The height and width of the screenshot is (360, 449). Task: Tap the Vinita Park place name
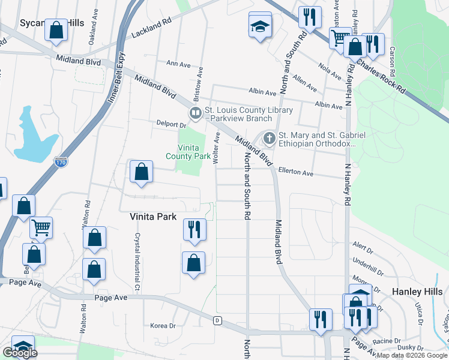pos(153,217)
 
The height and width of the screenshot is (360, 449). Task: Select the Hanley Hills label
pos(418,291)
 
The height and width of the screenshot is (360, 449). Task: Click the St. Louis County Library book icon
pos(195,113)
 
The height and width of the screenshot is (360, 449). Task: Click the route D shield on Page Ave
pos(217,320)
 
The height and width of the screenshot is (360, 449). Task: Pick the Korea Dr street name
pos(163,326)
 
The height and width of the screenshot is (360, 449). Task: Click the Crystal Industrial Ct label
pos(137,263)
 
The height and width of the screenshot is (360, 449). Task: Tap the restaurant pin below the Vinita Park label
pos(194,229)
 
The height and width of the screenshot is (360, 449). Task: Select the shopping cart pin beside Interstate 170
pos(41,227)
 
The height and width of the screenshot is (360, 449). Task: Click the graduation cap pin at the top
pos(260,25)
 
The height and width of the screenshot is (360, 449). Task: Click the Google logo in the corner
pos(20,353)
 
